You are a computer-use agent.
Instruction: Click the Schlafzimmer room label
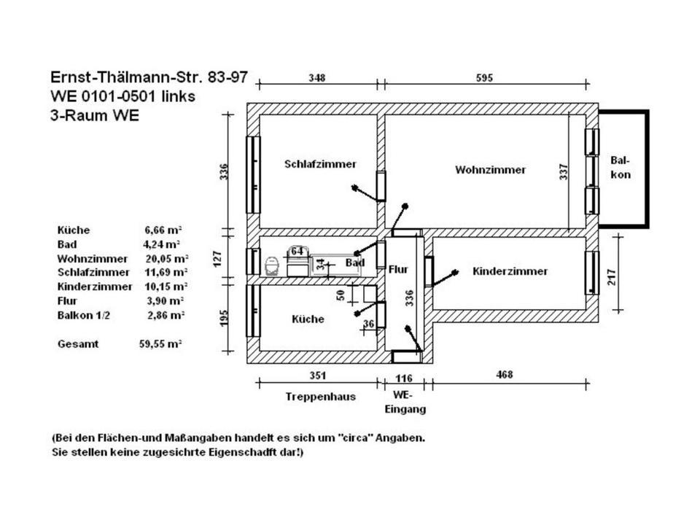click(x=320, y=164)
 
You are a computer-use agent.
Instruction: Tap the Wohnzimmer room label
click(x=490, y=170)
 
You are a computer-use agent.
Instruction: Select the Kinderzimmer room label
click(x=510, y=271)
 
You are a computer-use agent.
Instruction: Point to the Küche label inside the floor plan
click(x=308, y=319)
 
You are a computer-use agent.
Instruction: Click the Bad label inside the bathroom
click(x=355, y=262)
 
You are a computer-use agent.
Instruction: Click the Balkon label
click(x=621, y=168)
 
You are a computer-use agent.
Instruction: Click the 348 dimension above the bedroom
click(x=316, y=77)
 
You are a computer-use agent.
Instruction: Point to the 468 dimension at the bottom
click(x=504, y=374)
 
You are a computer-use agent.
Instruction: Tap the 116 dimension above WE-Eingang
click(x=403, y=377)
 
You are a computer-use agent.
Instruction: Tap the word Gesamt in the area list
click(x=77, y=343)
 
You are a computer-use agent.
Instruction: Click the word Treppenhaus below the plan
click(x=320, y=397)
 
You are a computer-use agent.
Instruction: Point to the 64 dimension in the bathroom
click(x=297, y=251)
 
